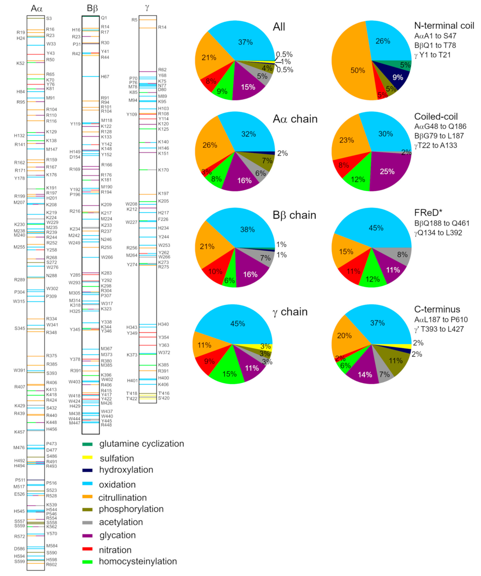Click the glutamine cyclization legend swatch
[88, 444]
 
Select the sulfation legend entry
[116, 459]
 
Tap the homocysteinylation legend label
[137, 561]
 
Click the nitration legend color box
[88, 549]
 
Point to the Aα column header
[37, 9]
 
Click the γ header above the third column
[147, 8]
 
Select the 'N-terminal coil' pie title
[444, 26]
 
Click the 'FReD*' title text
[428, 213]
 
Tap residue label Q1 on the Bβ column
[104, 18]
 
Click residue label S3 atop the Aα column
[49, 18]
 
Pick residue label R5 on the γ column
[134, 20]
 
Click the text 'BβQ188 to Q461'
[442, 223]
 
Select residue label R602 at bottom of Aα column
[51, 564]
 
